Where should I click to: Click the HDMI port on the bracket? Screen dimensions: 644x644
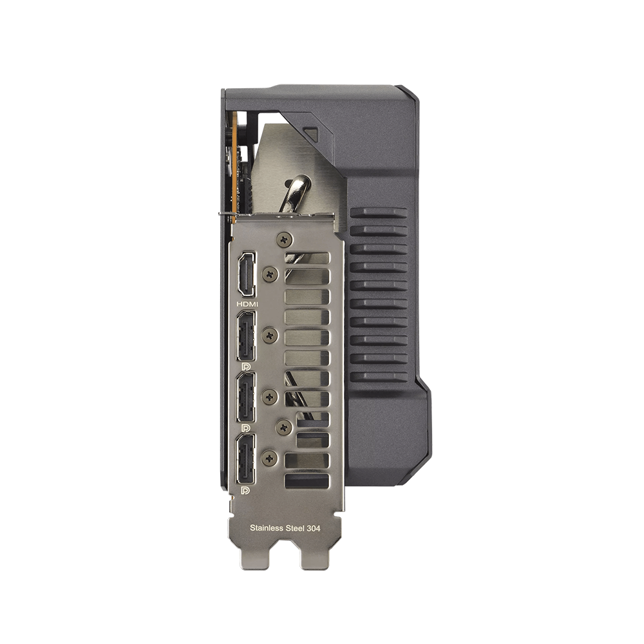(x=247, y=274)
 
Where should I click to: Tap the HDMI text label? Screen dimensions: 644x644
(x=248, y=305)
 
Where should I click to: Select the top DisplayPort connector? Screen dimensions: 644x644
(x=245, y=336)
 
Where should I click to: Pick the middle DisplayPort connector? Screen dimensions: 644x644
(x=245, y=397)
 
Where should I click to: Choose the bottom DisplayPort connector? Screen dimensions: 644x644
(x=245, y=459)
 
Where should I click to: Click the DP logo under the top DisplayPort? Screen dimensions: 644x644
(x=246, y=366)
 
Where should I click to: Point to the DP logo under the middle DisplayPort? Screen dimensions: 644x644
(x=246, y=428)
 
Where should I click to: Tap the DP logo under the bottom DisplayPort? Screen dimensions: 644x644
(x=246, y=489)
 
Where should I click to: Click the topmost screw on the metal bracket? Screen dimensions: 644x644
(x=284, y=238)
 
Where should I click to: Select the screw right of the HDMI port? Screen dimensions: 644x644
(x=270, y=274)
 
